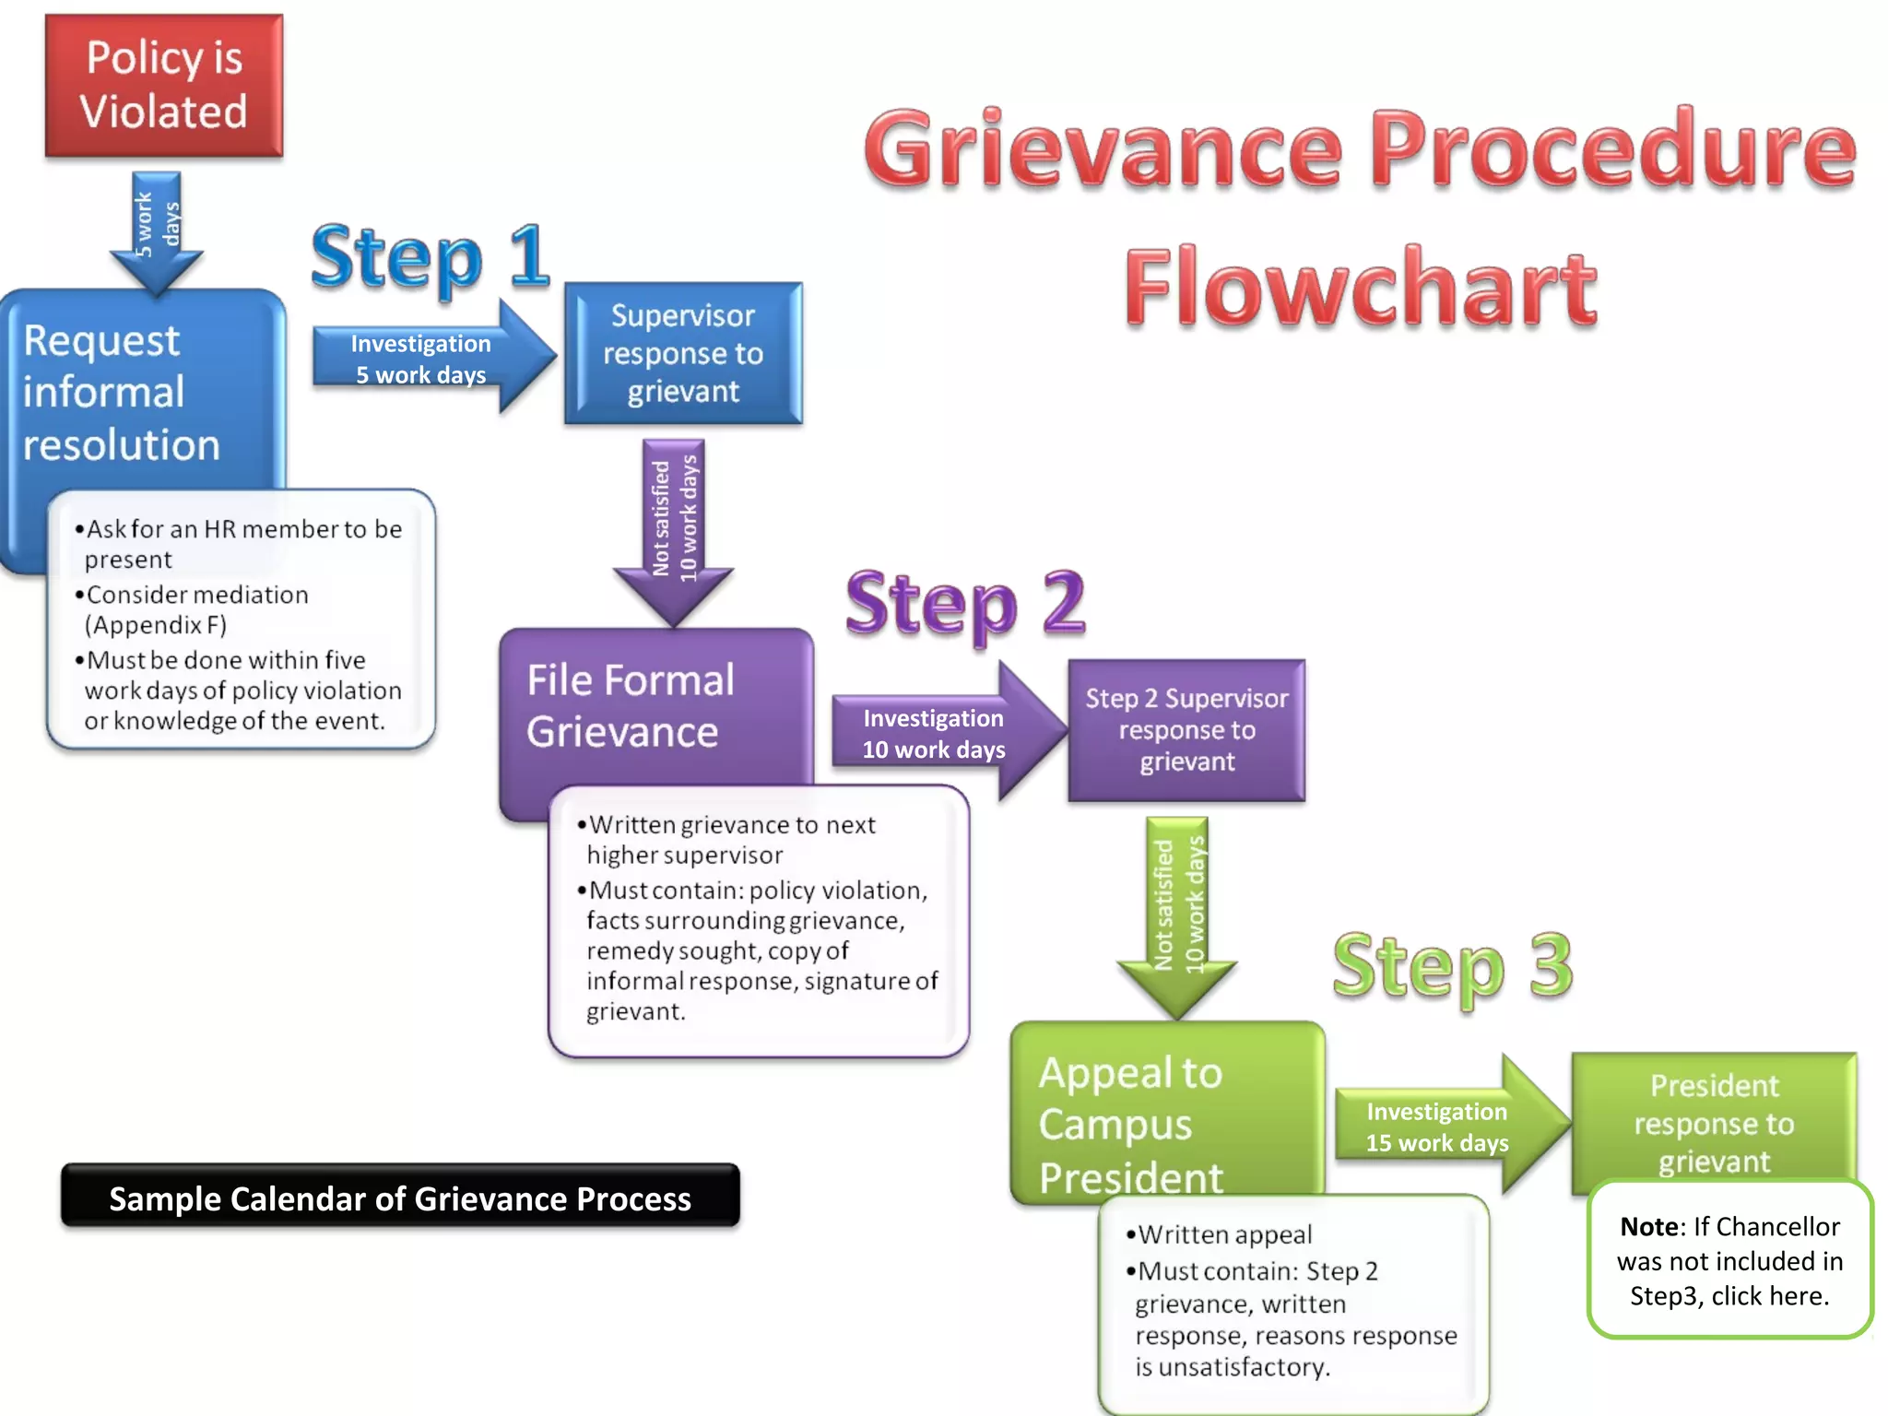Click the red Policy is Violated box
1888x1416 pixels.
pyautogui.click(x=164, y=86)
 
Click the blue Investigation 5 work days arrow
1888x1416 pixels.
pyautogui.click(x=424, y=359)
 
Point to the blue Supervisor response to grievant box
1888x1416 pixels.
pyautogui.click(x=683, y=354)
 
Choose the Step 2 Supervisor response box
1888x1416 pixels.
pyautogui.click(x=1186, y=729)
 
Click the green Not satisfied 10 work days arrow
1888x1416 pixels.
pyautogui.click(x=1177, y=908)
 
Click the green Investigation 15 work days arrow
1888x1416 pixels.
pyautogui.click(x=1438, y=1127)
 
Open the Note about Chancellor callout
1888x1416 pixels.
pyautogui.click(x=1729, y=1260)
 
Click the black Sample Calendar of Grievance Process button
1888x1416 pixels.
pyautogui.click(x=400, y=1197)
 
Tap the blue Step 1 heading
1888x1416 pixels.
pyautogui.click(x=430, y=257)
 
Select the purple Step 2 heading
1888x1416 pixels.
pyautogui.click(x=965, y=604)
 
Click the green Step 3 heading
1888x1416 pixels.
pyautogui.click(x=1452, y=966)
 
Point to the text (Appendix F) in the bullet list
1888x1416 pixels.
pyautogui.click(x=155, y=625)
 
